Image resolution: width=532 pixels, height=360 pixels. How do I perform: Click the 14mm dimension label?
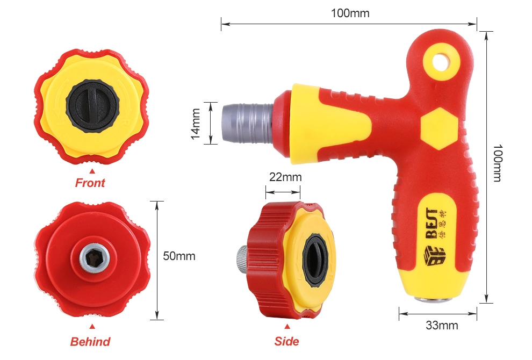[196, 124]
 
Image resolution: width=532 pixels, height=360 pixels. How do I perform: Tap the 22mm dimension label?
[285, 177]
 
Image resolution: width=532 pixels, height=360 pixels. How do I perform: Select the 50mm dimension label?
[179, 256]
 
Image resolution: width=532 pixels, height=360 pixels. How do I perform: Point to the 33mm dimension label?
[442, 325]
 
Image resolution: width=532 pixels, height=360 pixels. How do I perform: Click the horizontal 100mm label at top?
[350, 13]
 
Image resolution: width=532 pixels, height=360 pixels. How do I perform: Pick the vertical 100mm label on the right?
[498, 163]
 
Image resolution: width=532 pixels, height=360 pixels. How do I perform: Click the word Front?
[90, 183]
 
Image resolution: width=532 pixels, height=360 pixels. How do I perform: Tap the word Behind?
[90, 341]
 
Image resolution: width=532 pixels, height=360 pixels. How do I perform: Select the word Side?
[287, 341]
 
